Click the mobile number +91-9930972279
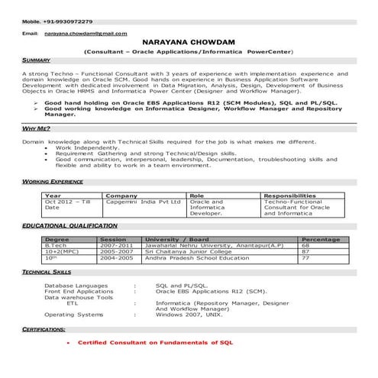pos(60,21)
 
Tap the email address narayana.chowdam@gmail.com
pos(85,35)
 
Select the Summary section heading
pos(36,59)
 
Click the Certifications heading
pos(44,328)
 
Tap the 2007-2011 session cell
pos(117,245)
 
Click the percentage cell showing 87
pos(305,251)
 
